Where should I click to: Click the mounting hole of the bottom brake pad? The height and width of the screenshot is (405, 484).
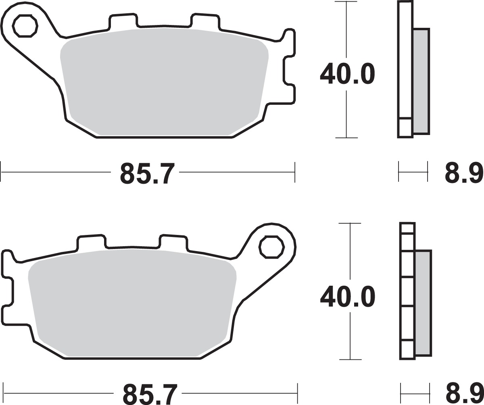click(x=271, y=246)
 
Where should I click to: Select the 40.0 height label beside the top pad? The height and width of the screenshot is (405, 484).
click(x=347, y=74)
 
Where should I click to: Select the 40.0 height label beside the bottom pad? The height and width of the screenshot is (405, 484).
click(x=347, y=297)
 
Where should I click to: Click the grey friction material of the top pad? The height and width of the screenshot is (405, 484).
click(x=163, y=81)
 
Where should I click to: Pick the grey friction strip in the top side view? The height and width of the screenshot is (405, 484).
click(x=421, y=81)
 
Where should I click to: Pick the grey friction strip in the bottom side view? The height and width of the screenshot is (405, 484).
click(x=423, y=302)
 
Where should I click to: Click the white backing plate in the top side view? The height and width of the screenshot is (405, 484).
click(x=405, y=60)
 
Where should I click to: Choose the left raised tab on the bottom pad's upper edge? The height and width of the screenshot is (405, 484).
click(x=92, y=241)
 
